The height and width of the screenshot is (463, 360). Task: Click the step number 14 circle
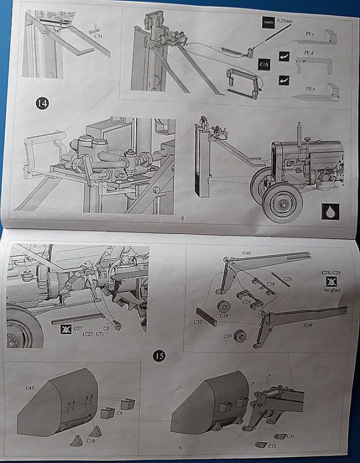coord(41,104)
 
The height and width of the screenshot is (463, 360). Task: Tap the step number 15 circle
coord(159,356)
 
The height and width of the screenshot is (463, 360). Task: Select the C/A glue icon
coord(264,64)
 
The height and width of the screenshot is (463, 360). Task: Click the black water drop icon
coord(329,213)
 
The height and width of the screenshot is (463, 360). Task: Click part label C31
coord(97,35)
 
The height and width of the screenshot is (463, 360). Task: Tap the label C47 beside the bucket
coord(29,388)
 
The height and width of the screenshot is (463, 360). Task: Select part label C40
coord(246,253)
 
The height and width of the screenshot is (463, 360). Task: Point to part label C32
coord(198,322)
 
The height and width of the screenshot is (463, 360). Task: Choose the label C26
coord(287,278)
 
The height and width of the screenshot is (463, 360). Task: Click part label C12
coord(272,446)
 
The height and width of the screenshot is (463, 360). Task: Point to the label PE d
coord(308,52)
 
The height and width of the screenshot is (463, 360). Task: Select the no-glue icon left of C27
coord(66,328)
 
